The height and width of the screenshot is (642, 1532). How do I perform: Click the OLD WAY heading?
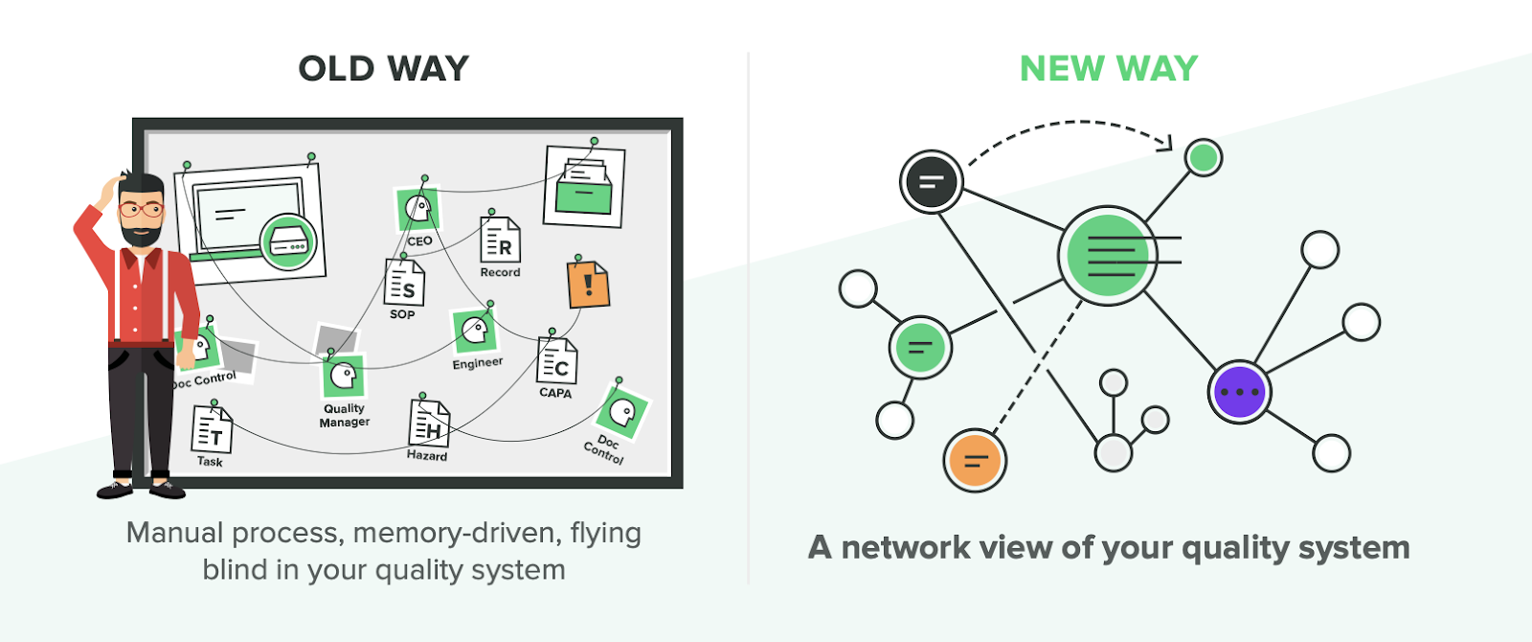[x=383, y=69]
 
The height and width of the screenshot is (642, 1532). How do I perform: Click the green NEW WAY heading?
[x=1108, y=69]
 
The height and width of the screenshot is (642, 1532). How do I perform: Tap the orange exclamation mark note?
[x=588, y=285]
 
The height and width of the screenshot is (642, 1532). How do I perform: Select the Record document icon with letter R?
[x=500, y=240]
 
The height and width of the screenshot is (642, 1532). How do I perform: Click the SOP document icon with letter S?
[x=404, y=283]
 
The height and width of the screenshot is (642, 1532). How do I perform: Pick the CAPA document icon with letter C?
[x=556, y=361]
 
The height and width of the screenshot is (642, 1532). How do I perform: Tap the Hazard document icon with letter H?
[x=429, y=424]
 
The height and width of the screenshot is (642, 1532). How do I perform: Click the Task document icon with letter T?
[x=212, y=430]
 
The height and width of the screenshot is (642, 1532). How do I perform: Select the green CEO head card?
[x=418, y=209]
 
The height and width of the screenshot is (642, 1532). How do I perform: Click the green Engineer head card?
[x=474, y=332]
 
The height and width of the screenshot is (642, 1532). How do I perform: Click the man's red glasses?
[x=141, y=209]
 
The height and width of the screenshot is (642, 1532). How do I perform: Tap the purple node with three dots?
[x=1239, y=392]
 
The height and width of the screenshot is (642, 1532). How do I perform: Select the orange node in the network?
[x=974, y=460]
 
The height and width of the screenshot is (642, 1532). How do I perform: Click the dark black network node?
[x=931, y=181]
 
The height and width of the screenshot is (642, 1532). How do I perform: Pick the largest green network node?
[x=1108, y=256]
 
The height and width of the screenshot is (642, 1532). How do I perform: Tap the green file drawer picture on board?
[x=584, y=187]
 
